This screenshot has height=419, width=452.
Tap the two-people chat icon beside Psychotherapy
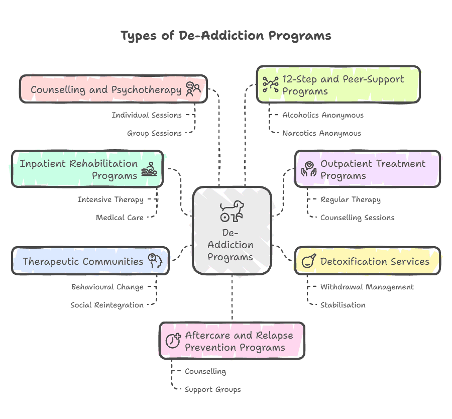193,89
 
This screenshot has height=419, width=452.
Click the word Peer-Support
373,79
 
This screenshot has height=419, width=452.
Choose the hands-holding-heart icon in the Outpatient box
308,170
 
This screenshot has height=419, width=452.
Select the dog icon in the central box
232,211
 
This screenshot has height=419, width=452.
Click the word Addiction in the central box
231,245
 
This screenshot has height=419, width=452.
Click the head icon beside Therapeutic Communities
155,261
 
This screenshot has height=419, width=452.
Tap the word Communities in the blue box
113,262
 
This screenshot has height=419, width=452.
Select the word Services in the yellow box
411,262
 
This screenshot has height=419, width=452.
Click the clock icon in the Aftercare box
173,341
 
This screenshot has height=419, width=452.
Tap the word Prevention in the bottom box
211,348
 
